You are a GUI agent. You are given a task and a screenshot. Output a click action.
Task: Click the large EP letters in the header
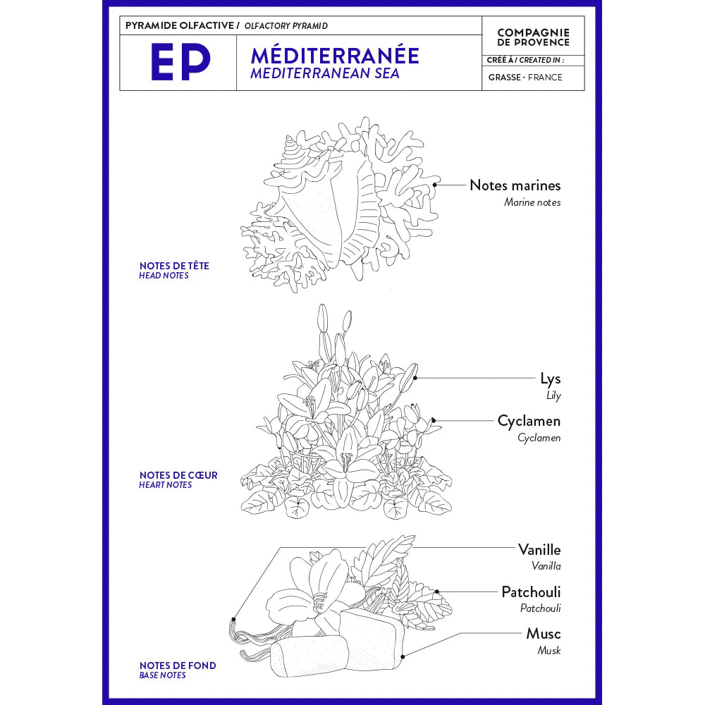[180, 62]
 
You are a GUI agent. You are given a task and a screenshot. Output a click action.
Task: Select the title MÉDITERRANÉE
[334, 55]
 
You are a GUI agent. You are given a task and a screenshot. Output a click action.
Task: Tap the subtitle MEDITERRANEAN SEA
[324, 73]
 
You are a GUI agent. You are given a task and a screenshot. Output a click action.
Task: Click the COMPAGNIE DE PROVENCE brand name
[533, 37]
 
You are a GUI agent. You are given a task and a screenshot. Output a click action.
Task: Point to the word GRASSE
[504, 78]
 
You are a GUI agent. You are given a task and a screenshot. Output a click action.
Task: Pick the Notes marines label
[515, 185]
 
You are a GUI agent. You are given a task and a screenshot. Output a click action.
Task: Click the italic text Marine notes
[532, 202]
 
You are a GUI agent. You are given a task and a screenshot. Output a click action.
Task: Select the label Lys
[551, 379]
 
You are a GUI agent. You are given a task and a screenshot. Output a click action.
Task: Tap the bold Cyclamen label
[529, 421]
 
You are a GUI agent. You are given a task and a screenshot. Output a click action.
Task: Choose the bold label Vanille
[539, 549]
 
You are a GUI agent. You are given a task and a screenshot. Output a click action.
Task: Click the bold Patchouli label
[531, 591]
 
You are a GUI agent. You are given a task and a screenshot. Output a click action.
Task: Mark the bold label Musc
[544, 634]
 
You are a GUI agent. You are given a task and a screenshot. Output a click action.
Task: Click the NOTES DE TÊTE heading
[174, 266]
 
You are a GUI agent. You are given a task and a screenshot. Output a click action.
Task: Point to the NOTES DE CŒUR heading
[178, 475]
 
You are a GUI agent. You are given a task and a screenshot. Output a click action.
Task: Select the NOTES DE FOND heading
[178, 666]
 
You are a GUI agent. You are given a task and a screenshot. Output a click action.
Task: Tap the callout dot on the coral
[435, 185]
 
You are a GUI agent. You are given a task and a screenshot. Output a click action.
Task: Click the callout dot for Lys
[415, 378]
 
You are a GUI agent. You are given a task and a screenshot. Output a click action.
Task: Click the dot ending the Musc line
[401, 656]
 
